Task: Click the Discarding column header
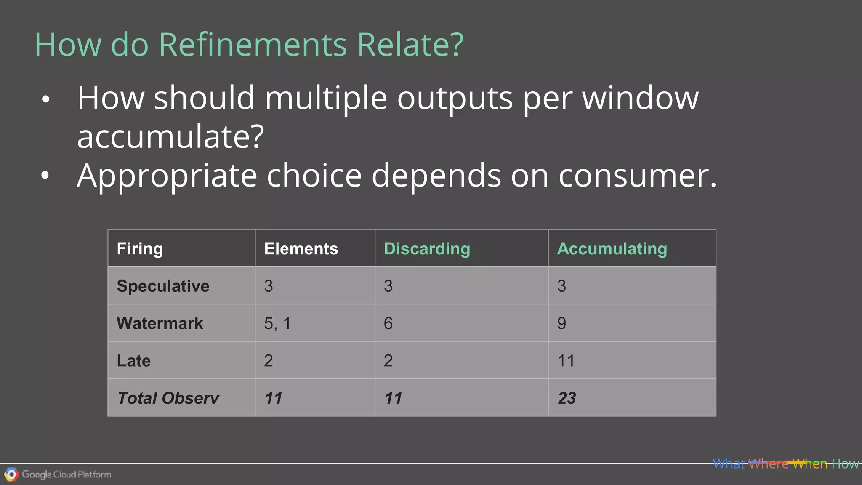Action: [427, 249]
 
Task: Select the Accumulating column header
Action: [612, 249]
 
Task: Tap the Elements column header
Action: [301, 249]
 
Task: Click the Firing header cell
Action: [140, 249]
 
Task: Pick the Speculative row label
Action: [163, 286]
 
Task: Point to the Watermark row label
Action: [160, 323]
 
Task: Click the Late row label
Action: [134, 361]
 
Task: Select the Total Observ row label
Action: [168, 398]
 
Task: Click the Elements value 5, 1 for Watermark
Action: [277, 323]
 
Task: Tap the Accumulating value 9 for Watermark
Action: [561, 323]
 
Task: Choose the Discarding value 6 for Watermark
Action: [388, 323]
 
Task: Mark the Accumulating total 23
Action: [567, 398]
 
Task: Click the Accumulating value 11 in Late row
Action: [566, 361]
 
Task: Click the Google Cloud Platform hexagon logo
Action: [11, 474]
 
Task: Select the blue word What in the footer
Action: [729, 464]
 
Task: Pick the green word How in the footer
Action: [845, 464]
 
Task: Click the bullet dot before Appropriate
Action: [45, 176]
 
